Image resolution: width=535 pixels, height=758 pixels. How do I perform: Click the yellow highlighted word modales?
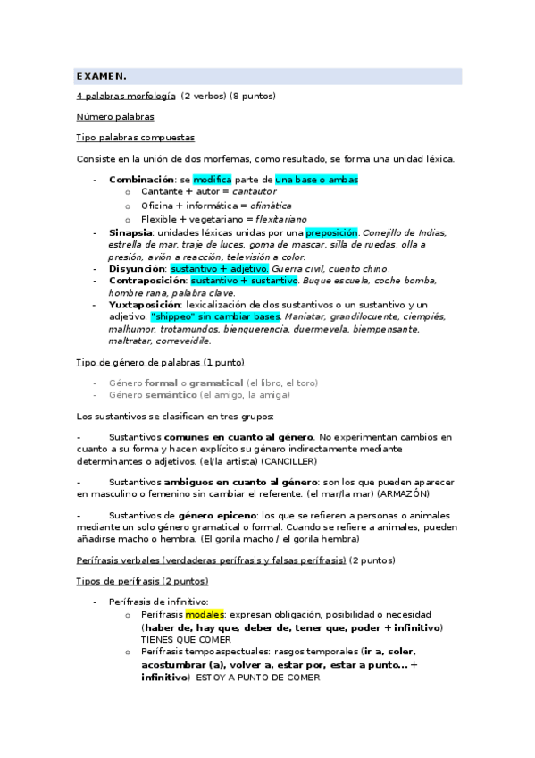coord(205,615)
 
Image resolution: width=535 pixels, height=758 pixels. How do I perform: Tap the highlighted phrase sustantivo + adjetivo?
coord(220,268)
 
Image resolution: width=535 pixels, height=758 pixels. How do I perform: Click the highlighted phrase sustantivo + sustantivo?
coord(244,281)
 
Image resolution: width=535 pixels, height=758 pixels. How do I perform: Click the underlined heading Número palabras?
coord(115,117)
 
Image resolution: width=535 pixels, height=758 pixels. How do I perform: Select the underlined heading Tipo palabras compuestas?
coord(135,138)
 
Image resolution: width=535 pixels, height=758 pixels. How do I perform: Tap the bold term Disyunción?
coord(137,268)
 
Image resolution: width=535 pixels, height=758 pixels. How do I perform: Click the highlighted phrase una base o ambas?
coord(316,179)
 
